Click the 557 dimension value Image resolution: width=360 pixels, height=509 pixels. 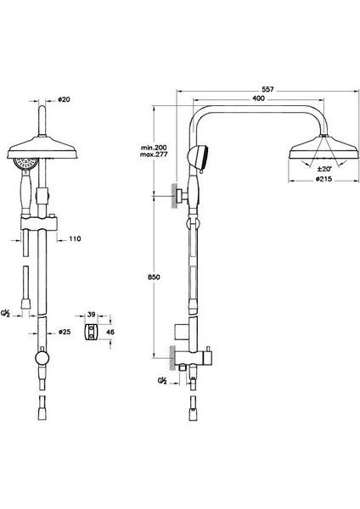(x=267, y=89)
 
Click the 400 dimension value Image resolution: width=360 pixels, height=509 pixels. (x=259, y=98)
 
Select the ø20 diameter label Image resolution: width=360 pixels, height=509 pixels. (x=64, y=99)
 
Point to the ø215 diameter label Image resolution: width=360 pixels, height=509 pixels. (x=323, y=179)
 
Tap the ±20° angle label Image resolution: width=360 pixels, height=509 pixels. (x=324, y=169)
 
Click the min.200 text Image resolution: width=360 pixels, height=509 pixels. (x=154, y=148)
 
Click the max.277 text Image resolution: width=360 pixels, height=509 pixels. (x=154, y=154)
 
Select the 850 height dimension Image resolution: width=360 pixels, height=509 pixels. (x=154, y=277)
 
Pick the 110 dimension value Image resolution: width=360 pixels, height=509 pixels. (x=75, y=239)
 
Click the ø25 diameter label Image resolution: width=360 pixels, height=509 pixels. (x=64, y=332)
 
